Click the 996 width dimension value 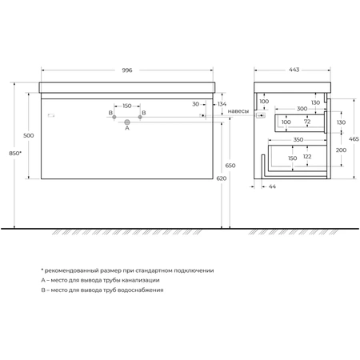127,70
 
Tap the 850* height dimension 15,153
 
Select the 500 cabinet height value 29,135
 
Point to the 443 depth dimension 294,70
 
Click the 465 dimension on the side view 354,139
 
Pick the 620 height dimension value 222,178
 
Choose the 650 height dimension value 230,166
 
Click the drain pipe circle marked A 127,122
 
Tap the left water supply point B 114,117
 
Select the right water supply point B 140,117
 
